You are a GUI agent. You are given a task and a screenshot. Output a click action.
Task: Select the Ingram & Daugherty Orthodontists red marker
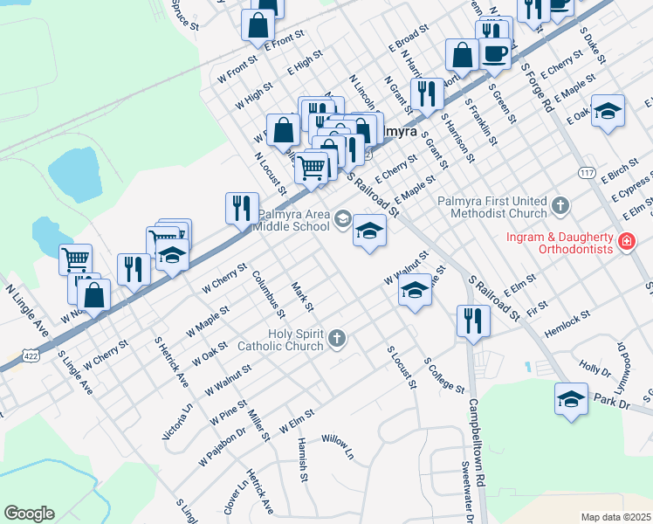point(626,242)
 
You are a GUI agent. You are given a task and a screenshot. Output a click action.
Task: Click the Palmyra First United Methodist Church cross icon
point(560,207)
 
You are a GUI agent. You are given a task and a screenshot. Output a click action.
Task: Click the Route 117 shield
point(587,174)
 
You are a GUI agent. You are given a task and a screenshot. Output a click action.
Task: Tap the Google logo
point(29,514)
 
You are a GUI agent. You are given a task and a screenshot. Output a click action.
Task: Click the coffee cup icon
point(495,54)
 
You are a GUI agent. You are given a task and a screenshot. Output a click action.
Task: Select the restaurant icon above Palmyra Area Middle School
point(241,208)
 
